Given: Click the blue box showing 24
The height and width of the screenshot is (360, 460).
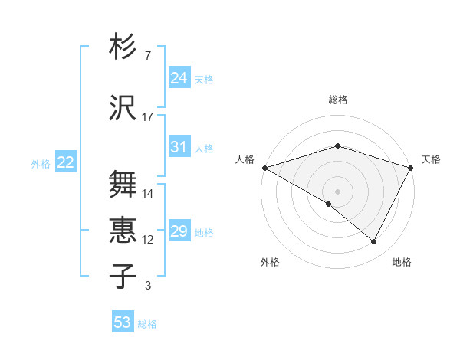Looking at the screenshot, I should pyautogui.click(x=179, y=78).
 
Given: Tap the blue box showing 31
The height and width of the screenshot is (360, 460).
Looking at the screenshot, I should pyautogui.click(x=179, y=148).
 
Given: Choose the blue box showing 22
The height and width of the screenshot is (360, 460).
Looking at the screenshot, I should pyautogui.click(x=65, y=162).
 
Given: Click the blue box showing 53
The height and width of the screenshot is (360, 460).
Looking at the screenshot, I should pyautogui.click(x=123, y=322).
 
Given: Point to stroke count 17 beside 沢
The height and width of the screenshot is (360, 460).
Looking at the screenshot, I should pyautogui.click(x=148, y=117).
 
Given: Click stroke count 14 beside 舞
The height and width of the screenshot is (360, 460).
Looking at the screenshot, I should pyautogui.click(x=148, y=194).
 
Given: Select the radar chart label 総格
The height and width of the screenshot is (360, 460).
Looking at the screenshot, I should pyautogui.click(x=338, y=100).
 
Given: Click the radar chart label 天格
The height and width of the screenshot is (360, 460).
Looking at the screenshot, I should pyautogui.click(x=431, y=159).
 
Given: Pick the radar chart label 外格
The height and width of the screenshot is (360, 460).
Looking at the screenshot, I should pyautogui.click(x=270, y=262).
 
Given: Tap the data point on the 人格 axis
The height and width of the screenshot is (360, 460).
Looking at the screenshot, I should pyautogui.click(x=264, y=167).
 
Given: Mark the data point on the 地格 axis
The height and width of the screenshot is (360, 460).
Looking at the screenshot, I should pyautogui.click(x=374, y=241).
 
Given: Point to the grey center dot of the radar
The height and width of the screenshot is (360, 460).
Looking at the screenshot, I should pyautogui.click(x=338, y=191).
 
